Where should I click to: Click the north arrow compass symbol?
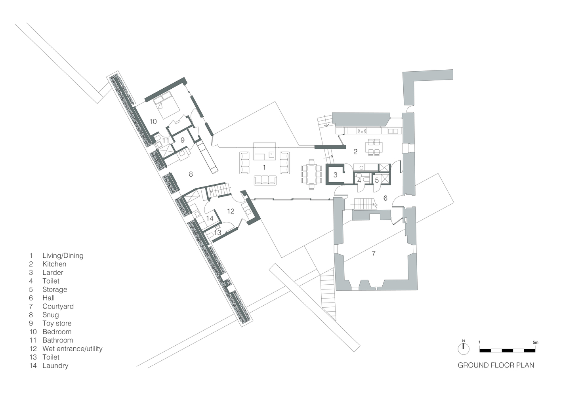click(x=463, y=348)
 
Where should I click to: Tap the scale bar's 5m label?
click(x=535, y=342)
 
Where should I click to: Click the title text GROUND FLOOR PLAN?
click(x=496, y=365)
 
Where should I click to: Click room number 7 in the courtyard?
click(x=374, y=253)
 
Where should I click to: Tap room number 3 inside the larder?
click(x=335, y=175)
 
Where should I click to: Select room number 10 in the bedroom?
click(x=153, y=122)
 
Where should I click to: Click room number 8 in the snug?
click(x=191, y=174)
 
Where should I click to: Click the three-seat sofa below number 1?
click(x=265, y=180)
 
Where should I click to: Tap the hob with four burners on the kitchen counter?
click(x=362, y=131)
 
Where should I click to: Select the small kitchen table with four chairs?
click(x=374, y=147)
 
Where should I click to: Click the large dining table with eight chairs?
click(x=311, y=174)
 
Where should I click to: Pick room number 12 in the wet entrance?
click(x=231, y=211)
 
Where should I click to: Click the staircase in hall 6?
click(x=364, y=204)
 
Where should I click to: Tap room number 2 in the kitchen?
click(x=355, y=151)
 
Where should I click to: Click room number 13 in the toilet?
click(x=218, y=232)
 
